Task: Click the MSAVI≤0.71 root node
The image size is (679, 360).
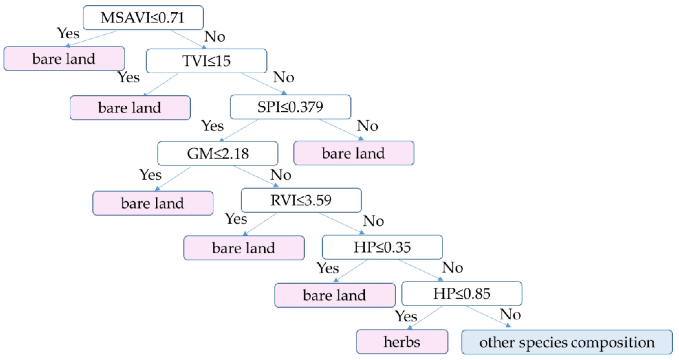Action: (x=143, y=18)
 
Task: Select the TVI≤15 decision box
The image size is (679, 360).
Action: (x=206, y=61)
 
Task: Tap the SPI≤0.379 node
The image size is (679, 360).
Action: (x=290, y=107)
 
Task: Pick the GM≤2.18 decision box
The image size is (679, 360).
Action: (x=217, y=153)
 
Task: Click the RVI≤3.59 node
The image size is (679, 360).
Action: (x=301, y=200)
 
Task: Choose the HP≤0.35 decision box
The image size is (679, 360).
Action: (x=382, y=247)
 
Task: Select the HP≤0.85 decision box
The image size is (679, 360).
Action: (x=462, y=294)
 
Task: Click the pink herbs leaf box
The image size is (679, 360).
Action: (x=402, y=342)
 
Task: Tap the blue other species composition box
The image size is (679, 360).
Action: (x=567, y=342)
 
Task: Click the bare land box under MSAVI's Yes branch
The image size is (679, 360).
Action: (x=64, y=58)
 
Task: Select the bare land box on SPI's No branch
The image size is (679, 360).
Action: (x=353, y=153)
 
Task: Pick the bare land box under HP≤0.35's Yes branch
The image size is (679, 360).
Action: (x=334, y=295)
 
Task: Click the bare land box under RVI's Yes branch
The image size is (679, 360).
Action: (x=244, y=248)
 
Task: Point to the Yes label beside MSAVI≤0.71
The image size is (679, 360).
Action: (x=68, y=34)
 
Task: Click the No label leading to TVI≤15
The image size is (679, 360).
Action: (x=215, y=36)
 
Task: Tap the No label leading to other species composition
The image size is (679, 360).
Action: (x=510, y=314)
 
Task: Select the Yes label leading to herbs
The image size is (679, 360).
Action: (x=406, y=316)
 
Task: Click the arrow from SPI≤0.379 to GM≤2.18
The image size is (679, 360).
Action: (x=240, y=130)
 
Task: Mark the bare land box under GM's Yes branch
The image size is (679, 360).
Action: (x=153, y=203)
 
